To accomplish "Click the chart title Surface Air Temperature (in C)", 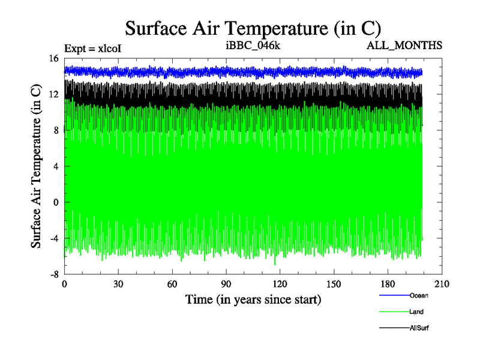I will [253, 28].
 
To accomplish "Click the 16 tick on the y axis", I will [53, 58].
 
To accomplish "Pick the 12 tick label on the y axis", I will [53, 94].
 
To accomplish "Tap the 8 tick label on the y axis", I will [56, 130].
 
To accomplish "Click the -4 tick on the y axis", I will [53, 238].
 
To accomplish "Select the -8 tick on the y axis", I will [53, 274].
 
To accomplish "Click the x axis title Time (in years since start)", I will [253, 299].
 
